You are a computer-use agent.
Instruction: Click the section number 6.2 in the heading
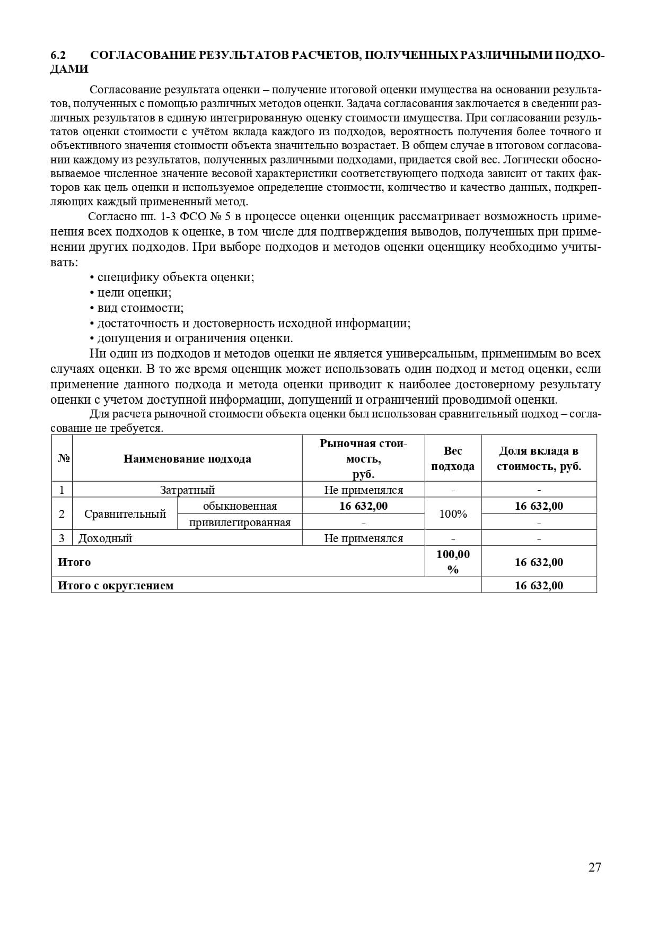click(57, 56)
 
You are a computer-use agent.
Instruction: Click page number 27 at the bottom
click(594, 867)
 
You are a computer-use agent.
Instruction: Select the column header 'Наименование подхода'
click(187, 459)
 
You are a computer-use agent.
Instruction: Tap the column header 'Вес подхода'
click(452, 459)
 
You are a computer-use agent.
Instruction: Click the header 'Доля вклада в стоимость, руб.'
click(539, 459)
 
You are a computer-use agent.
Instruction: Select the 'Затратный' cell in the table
click(187, 490)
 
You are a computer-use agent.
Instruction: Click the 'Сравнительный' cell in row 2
click(125, 514)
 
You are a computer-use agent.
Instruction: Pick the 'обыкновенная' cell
click(240, 506)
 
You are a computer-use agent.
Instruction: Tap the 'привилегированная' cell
click(240, 523)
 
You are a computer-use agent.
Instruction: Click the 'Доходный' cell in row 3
click(105, 538)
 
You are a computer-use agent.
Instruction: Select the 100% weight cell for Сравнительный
click(453, 514)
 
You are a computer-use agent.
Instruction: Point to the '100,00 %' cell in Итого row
click(453, 562)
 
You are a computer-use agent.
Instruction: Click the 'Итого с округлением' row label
click(116, 586)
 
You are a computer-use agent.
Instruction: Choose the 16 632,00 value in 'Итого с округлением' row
click(539, 586)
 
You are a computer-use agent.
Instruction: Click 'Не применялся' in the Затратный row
click(363, 490)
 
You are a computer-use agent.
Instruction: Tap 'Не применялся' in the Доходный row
click(363, 538)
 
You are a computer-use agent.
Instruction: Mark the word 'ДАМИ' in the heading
click(69, 69)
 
